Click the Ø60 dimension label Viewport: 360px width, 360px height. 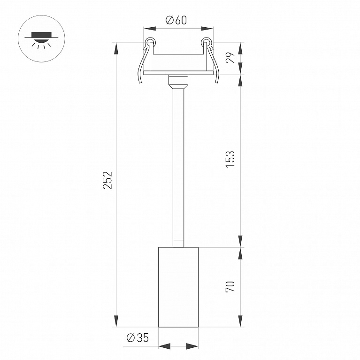pyautogui.click(x=176, y=20)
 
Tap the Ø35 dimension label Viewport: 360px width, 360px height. pyautogui.click(x=138, y=338)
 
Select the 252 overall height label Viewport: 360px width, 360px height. pyautogui.click(x=107, y=180)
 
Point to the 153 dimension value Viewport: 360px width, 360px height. pyautogui.click(x=230, y=159)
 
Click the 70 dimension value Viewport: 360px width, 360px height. pyautogui.click(x=230, y=286)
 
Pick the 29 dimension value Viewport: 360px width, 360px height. pyautogui.click(x=230, y=57)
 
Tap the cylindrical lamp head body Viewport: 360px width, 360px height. pyautogui.click(x=178, y=287)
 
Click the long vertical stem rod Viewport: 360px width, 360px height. pyautogui.click(x=178, y=165)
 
